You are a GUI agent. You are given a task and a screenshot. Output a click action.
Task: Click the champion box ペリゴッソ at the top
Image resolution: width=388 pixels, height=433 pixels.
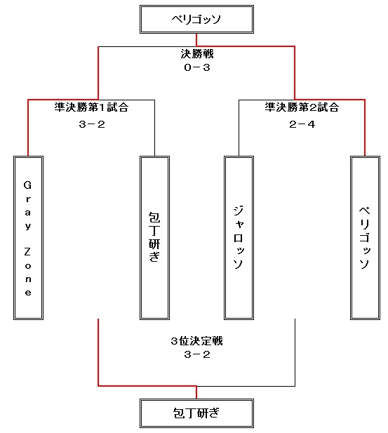click(x=196, y=20)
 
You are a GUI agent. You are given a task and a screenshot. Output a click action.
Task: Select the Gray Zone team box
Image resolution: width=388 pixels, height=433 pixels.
click(x=29, y=238)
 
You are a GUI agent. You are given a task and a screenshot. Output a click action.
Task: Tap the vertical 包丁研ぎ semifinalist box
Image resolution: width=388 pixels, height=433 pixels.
click(x=154, y=238)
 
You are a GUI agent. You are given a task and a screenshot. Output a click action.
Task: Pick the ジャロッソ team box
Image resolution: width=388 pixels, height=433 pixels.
click(x=239, y=238)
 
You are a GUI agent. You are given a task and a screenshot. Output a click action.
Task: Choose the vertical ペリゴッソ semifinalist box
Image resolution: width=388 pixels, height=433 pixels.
click(x=365, y=238)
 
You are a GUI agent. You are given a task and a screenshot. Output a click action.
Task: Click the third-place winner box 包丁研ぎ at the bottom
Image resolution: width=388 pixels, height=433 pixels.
click(x=196, y=413)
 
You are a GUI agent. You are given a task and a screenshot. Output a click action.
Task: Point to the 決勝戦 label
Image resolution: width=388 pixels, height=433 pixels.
click(x=197, y=54)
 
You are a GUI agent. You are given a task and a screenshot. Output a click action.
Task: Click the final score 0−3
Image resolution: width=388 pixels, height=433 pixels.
click(x=197, y=67)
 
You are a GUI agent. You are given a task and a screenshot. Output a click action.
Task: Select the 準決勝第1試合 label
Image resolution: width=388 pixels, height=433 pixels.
click(x=91, y=107)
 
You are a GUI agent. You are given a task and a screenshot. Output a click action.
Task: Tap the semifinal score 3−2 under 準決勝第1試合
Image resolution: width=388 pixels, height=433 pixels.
click(x=92, y=124)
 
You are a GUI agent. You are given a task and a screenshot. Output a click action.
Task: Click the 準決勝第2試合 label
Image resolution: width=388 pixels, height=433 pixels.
click(x=302, y=107)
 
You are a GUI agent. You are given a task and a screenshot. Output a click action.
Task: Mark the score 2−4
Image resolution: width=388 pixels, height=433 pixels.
click(x=302, y=124)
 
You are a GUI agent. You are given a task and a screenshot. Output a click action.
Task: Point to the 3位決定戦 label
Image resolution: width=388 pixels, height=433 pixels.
click(x=196, y=341)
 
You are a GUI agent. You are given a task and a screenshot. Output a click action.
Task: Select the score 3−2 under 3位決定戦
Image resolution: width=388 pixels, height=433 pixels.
click(x=197, y=354)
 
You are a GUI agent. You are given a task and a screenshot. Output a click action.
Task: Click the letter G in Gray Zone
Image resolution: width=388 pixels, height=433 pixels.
click(x=27, y=185)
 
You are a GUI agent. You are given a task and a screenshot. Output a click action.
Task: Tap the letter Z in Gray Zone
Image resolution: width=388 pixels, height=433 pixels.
click(x=27, y=252)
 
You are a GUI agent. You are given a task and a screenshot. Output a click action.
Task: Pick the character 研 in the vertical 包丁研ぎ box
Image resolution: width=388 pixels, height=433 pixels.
click(x=154, y=244)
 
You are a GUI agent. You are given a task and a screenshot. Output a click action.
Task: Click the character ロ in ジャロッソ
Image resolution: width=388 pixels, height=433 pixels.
click(x=239, y=238)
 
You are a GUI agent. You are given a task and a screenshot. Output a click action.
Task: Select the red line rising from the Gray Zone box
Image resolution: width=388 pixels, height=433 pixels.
click(x=28, y=128)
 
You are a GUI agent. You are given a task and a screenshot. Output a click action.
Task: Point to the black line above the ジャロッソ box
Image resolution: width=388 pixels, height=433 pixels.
click(x=239, y=128)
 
